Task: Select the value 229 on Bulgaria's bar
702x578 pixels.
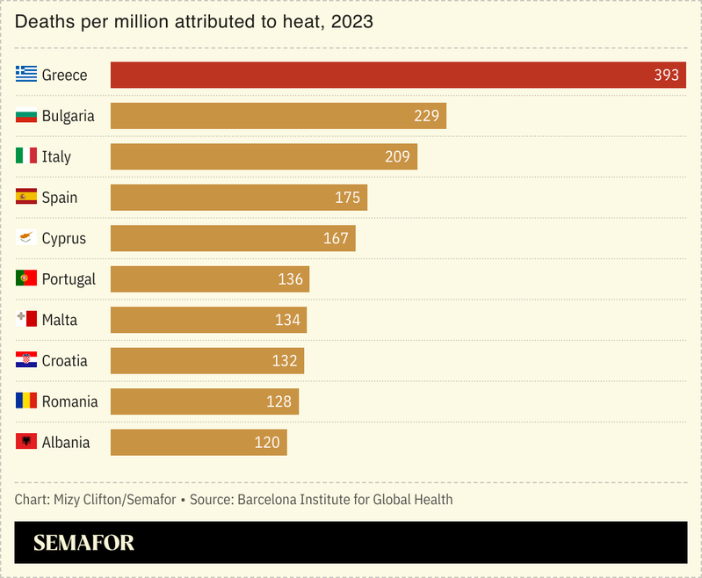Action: [426, 116]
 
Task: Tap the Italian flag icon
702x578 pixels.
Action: [26, 156]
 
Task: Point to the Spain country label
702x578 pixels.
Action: [60, 198]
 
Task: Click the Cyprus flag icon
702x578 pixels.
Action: [26, 238]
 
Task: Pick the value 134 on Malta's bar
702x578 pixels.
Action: [287, 320]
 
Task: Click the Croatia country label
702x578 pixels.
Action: [65, 361]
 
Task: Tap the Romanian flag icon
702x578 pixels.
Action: [26, 401]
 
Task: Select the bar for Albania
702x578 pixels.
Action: [199, 443]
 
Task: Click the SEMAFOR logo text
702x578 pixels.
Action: [84, 543]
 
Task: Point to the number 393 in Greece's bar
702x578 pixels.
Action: [666, 75]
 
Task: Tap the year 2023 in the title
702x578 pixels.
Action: [351, 22]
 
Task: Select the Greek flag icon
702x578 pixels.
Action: [26, 75]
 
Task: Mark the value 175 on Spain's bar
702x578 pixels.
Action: [347, 198]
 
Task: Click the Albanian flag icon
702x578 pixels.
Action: [26, 442]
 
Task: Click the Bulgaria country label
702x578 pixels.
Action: [69, 116]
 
